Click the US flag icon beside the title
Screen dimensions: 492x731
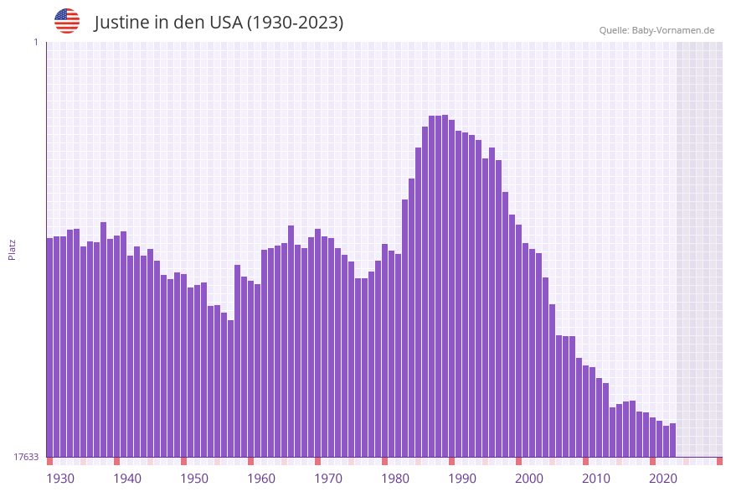67,22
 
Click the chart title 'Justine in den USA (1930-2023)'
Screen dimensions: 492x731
219,23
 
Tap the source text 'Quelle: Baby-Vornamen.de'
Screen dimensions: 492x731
656,30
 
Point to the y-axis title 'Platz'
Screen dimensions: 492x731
13,249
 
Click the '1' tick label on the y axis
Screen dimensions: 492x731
35,42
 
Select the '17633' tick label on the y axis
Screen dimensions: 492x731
26,457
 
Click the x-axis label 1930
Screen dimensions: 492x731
60,479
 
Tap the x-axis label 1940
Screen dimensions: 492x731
127,479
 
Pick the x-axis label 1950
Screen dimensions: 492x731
194,479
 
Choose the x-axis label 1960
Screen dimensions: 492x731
261,479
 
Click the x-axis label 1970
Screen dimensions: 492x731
328,479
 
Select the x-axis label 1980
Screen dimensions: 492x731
395,479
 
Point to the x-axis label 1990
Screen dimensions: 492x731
462,479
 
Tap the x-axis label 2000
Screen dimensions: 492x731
529,479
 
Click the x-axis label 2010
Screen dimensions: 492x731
596,479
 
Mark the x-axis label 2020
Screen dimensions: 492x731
663,479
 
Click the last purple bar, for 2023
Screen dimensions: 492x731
673,440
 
